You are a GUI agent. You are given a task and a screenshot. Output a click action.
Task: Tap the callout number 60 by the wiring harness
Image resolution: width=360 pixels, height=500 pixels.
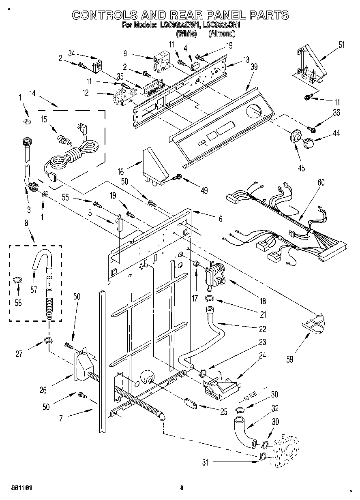tap(321, 183)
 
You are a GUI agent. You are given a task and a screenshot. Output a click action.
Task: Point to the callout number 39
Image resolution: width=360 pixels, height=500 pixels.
tap(254, 67)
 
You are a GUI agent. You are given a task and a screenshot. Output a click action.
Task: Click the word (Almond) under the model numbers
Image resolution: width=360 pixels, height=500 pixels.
tap(222, 34)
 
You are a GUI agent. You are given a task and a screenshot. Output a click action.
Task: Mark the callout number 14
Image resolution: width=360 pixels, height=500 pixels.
tap(32, 93)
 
